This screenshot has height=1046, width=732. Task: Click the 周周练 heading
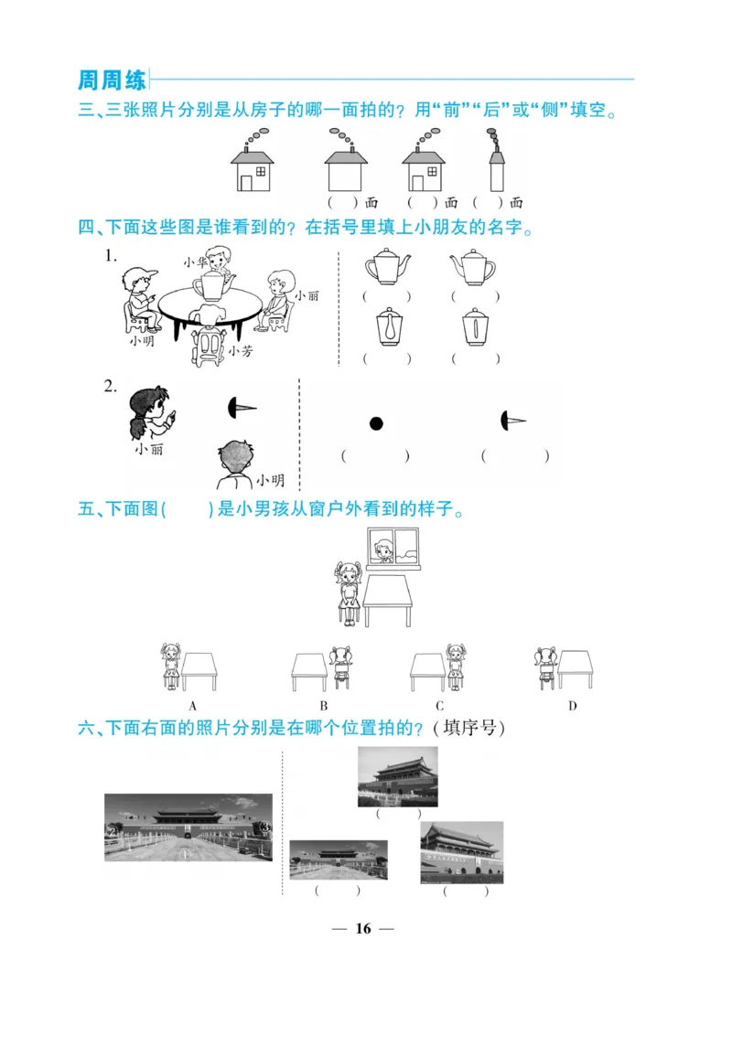pos(112,80)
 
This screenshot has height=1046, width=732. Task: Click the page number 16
pos(363,928)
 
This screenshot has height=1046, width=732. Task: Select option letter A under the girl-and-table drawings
pos(193,706)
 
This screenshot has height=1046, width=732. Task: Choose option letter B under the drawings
pos(324,706)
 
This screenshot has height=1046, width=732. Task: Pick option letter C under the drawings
pos(439,706)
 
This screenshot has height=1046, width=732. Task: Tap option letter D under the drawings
pos(572,706)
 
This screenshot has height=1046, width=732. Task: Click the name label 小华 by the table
pos(194,261)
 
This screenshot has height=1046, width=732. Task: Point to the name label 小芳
pos(240,350)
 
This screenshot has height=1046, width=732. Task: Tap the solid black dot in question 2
pos(375,422)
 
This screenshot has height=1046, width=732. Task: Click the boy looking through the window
pos(383,551)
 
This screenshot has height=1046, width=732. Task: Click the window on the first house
pos(262,171)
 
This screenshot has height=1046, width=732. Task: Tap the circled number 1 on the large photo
pos(185,856)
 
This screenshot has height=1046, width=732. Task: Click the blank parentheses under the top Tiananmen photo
pos(399,813)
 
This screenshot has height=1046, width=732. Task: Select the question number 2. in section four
pos(111,387)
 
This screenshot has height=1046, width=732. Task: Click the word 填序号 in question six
pos(469,728)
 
